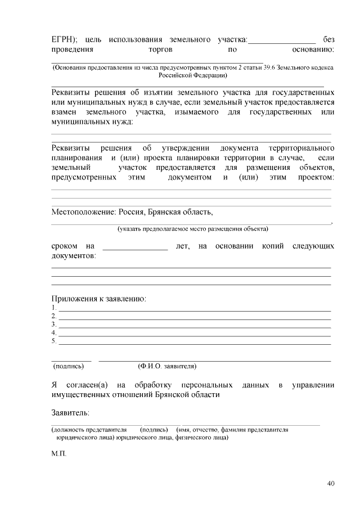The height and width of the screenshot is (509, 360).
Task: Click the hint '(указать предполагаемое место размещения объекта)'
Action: click(192, 229)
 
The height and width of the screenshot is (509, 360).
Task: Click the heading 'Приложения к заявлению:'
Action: click(99, 298)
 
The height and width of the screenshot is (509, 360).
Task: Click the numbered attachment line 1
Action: click(194, 309)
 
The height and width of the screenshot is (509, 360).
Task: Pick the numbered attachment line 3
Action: click(194, 325)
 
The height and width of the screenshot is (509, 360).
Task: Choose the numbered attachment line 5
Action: click(194, 341)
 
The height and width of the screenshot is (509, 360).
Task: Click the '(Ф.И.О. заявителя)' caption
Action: click(167, 366)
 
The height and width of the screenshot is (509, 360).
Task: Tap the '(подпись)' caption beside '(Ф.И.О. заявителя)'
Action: click(69, 366)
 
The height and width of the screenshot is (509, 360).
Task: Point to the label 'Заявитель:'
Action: click(70, 413)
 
